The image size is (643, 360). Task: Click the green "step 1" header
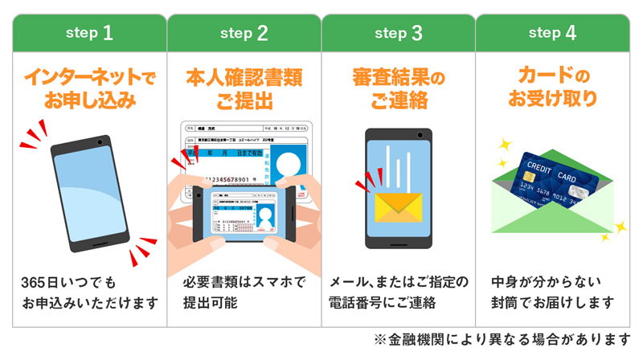89,33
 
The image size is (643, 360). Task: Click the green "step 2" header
244,33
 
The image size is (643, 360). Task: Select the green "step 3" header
399,33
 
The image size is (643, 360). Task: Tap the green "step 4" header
553,33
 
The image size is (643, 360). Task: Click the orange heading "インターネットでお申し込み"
89,91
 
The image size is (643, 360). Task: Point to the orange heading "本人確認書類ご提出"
244,91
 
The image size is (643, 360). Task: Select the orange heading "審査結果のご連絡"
399,91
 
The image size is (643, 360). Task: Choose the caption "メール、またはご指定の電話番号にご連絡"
399,293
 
